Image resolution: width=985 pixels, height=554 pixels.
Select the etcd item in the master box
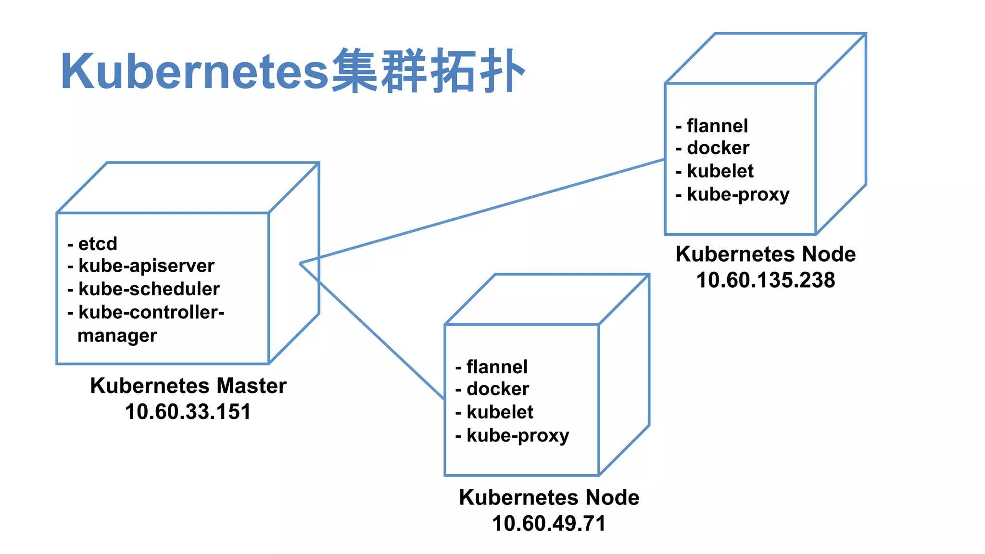[98, 244]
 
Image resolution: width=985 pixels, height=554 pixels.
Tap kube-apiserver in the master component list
[146, 265]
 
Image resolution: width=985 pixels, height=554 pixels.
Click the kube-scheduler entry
[149, 289]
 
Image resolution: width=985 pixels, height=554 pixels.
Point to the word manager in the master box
[117, 336]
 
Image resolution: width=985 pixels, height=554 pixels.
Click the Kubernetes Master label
[188, 386]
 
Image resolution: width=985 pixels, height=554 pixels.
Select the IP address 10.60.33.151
[188, 412]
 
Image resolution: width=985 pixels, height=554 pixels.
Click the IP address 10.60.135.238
[766, 280]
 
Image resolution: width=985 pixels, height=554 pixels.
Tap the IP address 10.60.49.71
[549, 523]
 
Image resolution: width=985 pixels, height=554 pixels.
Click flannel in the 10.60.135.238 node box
[717, 126]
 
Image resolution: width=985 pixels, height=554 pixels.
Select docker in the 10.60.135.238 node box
[718, 148]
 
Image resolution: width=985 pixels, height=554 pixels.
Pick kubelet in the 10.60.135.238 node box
[720, 171]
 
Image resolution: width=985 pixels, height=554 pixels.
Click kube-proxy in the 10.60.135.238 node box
[738, 194]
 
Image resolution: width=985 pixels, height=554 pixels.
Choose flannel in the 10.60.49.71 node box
[497, 367]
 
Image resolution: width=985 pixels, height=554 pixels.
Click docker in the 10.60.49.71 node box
[498, 389]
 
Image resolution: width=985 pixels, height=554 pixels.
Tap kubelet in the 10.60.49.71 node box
[500, 412]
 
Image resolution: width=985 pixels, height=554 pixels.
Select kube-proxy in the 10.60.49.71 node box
[518, 436]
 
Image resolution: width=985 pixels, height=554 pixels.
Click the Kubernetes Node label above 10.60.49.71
[549, 497]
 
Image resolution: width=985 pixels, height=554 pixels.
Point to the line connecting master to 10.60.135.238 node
[481, 212]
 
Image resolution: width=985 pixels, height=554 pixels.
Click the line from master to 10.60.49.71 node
[373, 332]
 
